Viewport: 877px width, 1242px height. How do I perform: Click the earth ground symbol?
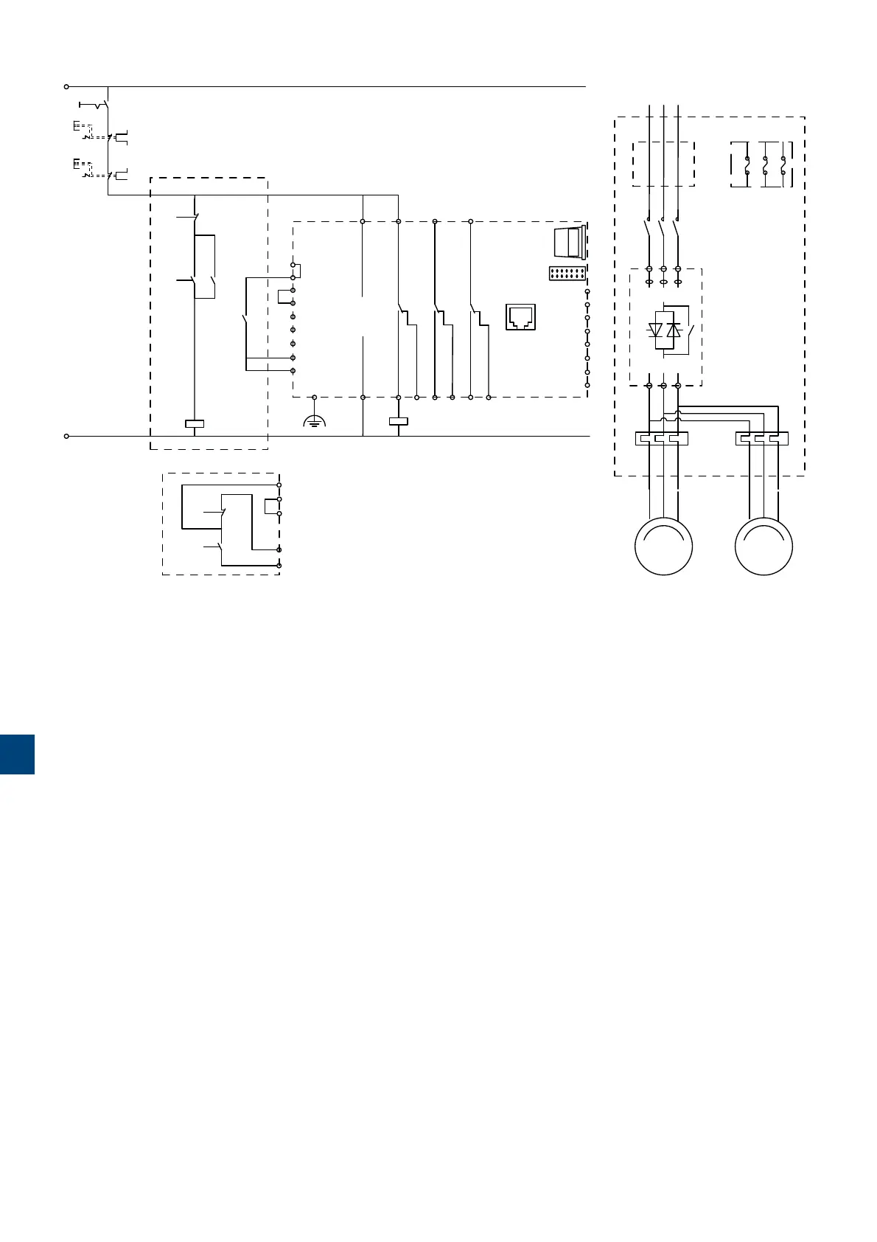315,423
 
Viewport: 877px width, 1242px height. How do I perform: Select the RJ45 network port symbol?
520,316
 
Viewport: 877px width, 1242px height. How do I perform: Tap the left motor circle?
664,547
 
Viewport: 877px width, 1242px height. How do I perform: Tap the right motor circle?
764,547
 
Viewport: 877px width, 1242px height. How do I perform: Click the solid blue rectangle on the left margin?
17,754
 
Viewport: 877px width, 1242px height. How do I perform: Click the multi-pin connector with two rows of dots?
567,274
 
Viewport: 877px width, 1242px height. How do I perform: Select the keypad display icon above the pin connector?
568,241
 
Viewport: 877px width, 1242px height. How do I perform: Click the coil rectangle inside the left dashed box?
194,424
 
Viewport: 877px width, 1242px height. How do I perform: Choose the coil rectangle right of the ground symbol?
398,423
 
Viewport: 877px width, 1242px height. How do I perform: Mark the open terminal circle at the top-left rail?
66,86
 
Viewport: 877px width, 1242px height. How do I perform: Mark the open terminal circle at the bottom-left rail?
66,436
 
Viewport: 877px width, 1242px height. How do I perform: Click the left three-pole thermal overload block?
661,438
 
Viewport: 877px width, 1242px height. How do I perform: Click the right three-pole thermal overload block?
762,438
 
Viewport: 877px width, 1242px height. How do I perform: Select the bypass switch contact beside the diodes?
690,330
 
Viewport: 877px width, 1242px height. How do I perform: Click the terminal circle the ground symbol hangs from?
315,398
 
